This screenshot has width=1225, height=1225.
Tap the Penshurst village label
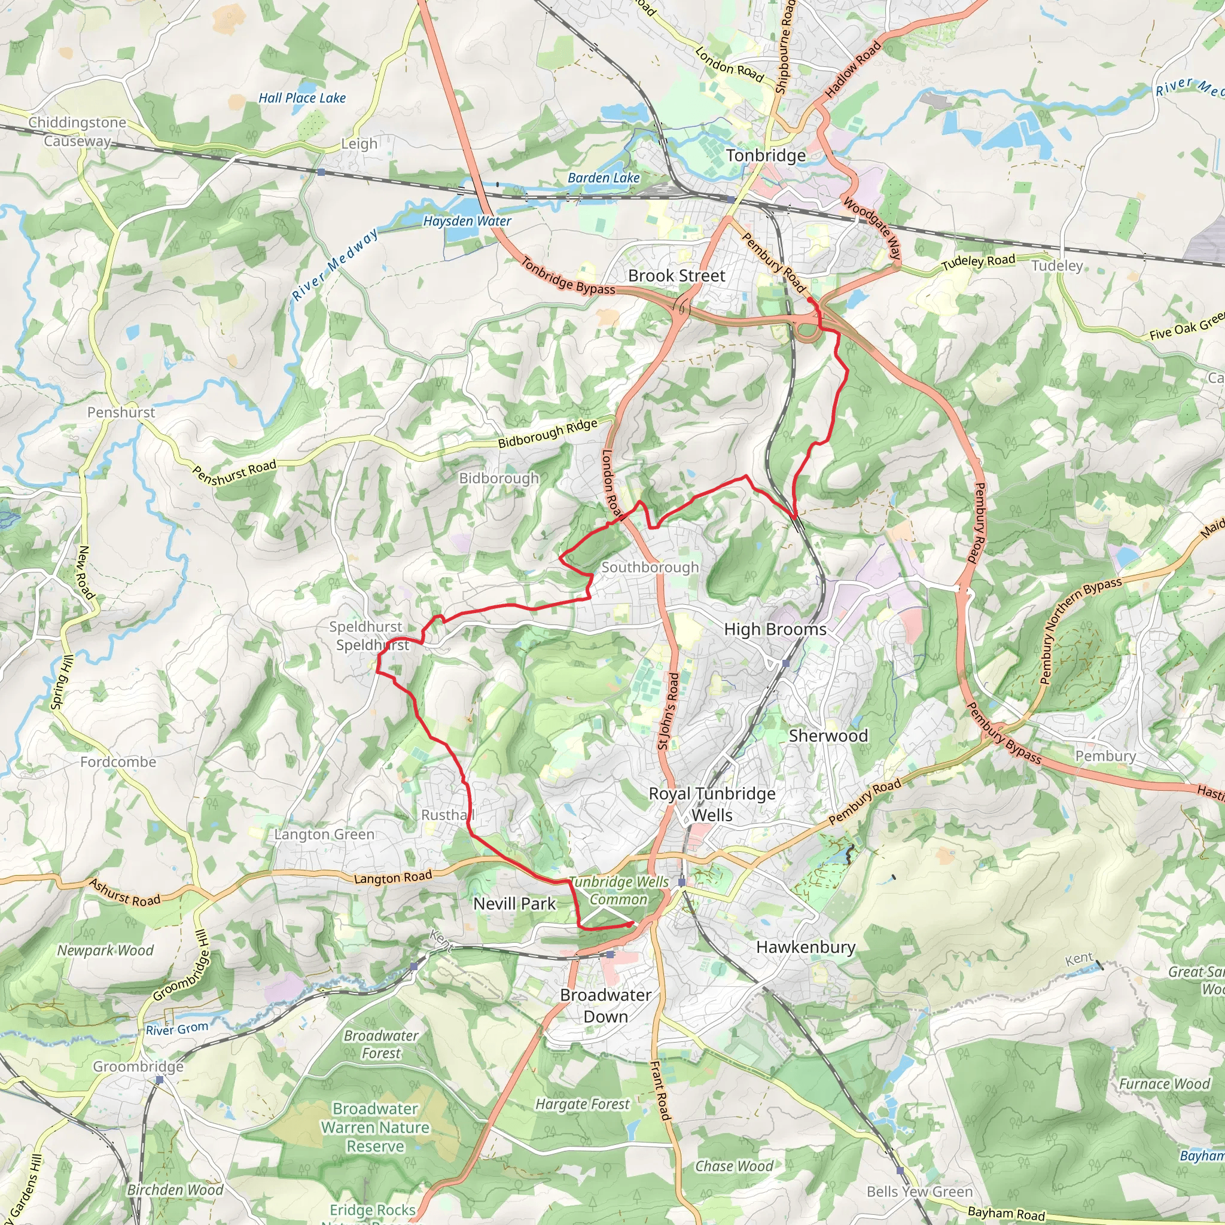(x=121, y=412)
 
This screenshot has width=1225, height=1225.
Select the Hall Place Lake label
(x=302, y=98)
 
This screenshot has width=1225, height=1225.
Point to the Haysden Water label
(x=467, y=221)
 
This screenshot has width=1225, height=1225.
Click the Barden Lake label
(x=603, y=178)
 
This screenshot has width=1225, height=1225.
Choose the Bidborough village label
(x=499, y=478)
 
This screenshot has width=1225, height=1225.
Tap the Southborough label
(x=650, y=568)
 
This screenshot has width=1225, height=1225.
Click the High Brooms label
(x=775, y=629)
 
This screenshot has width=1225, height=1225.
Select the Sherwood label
(x=828, y=736)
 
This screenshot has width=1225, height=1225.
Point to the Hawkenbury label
(x=805, y=947)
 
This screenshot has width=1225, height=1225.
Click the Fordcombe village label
(x=118, y=761)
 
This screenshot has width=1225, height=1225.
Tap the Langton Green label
(x=324, y=834)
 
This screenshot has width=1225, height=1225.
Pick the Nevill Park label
(x=514, y=904)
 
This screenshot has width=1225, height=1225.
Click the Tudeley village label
(x=1057, y=266)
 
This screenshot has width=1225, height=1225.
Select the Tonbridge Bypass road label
(x=568, y=276)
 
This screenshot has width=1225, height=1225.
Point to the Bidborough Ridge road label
(x=547, y=433)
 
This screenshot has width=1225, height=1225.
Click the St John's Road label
(x=668, y=711)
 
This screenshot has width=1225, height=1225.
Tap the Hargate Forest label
(x=582, y=1104)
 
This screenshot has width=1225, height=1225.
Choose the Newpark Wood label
(x=105, y=950)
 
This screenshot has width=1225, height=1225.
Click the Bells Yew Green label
(x=919, y=1192)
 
